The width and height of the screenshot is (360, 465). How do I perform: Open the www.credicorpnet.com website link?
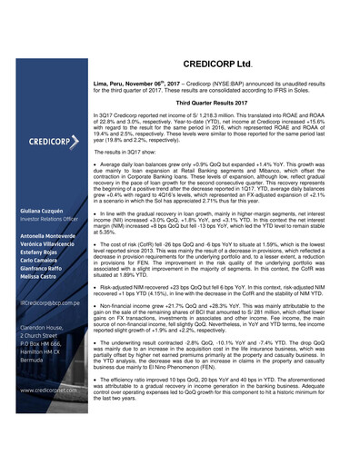tap(51, 414)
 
